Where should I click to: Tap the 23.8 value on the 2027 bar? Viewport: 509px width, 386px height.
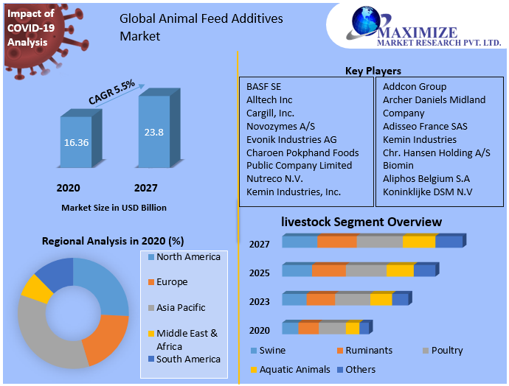click(x=153, y=133)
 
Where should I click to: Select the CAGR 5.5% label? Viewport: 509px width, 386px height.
click(x=111, y=91)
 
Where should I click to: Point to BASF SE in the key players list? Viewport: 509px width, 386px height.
click(x=263, y=86)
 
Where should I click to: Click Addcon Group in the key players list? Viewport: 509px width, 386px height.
click(x=414, y=86)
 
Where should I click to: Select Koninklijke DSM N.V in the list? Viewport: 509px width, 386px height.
click(x=427, y=192)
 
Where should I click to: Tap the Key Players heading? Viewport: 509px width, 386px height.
click(x=373, y=71)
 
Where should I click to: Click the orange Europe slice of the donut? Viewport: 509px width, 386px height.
click(x=106, y=337)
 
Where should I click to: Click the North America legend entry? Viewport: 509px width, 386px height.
click(x=187, y=257)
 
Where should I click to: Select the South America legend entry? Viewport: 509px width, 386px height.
click(x=187, y=359)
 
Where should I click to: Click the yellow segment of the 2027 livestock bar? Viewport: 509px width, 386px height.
click(x=419, y=242)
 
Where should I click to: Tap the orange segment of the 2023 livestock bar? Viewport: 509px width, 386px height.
click(x=320, y=299)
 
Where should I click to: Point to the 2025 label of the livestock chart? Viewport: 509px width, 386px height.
click(x=259, y=273)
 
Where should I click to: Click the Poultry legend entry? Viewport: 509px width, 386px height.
click(x=446, y=350)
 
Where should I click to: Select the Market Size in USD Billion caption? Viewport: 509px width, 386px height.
click(x=114, y=208)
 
